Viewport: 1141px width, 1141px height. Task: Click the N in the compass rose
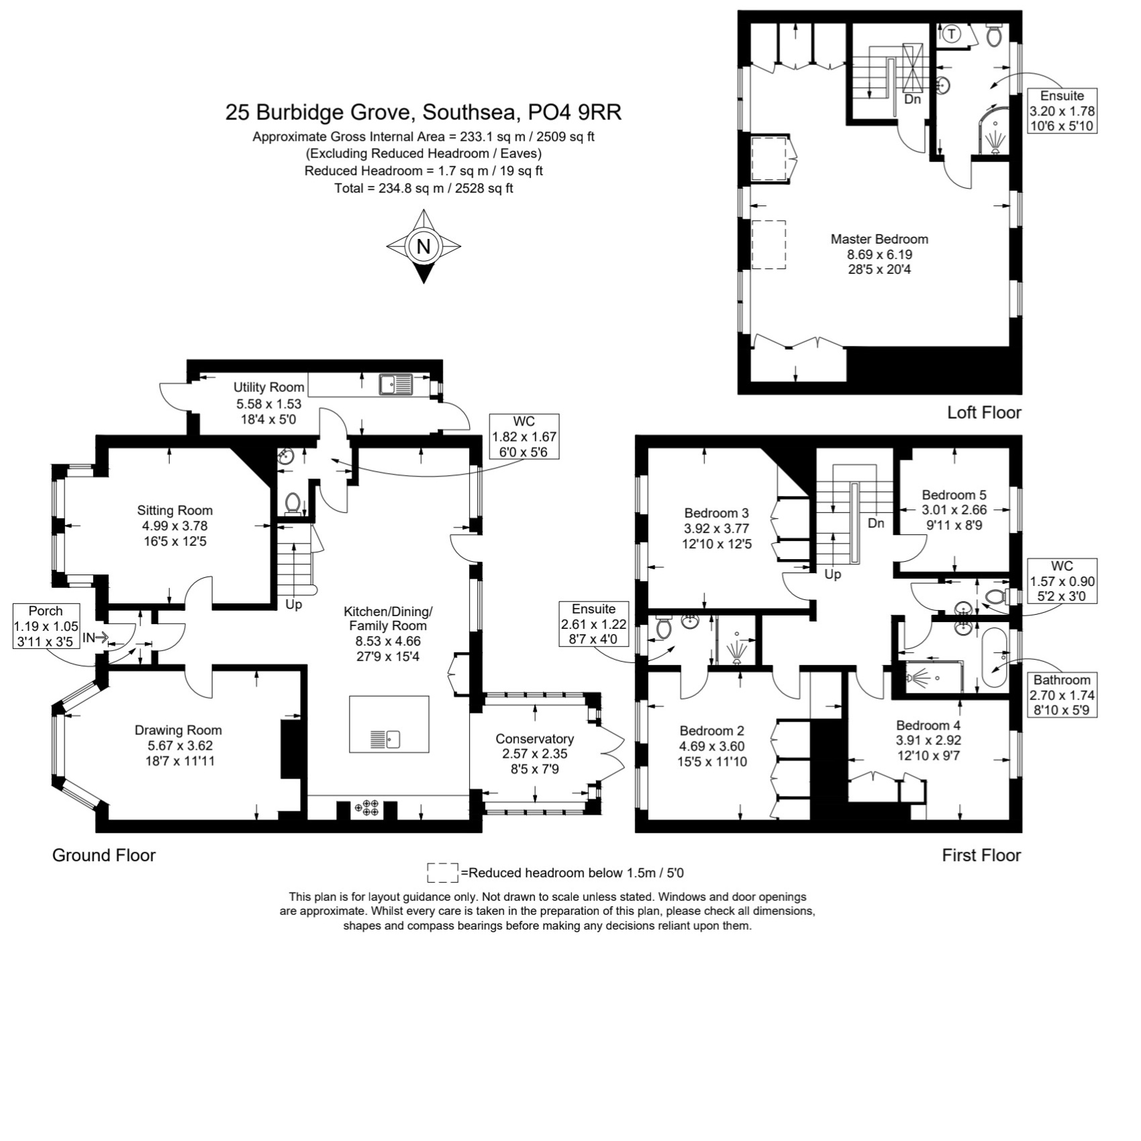pyautogui.click(x=423, y=246)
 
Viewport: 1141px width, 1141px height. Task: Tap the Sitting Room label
pyautogui.click(x=175, y=511)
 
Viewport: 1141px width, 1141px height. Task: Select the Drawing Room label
pyautogui.click(x=178, y=730)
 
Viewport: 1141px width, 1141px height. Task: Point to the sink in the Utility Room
pyautogui.click(x=396, y=385)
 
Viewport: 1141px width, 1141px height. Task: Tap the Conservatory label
pyautogui.click(x=534, y=738)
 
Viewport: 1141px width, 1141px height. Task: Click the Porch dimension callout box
pyautogui.click(x=46, y=626)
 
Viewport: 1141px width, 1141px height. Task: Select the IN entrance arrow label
pyautogui.click(x=95, y=638)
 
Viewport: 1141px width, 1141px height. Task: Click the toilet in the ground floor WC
pyautogui.click(x=293, y=503)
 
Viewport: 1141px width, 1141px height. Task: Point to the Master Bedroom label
pyautogui.click(x=879, y=239)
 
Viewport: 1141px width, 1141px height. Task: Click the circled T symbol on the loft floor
pyautogui.click(x=952, y=34)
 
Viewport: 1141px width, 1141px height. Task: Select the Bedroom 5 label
pyautogui.click(x=954, y=495)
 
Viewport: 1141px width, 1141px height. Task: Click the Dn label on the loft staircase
pyautogui.click(x=913, y=99)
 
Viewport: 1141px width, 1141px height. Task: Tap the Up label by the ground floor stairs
pyautogui.click(x=294, y=605)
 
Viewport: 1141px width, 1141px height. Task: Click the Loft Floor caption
pyautogui.click(x=984, y=412)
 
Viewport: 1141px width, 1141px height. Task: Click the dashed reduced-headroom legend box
pyautogui.click(x=442, y=873)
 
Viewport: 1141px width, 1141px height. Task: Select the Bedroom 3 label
pyautogui.click(x=717, y=513)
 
